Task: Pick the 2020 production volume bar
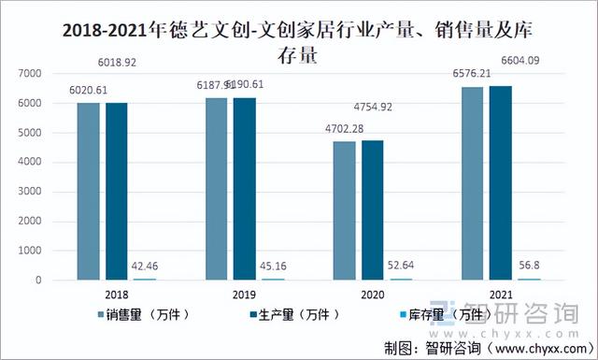pyautogui.click(x=372, y=210)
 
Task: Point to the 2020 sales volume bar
pyautogui.click(x=344, y=211)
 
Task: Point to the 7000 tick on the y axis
pyautogui.click(x=30, y=73)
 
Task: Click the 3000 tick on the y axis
pyautogui.click(x=30, y=192)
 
